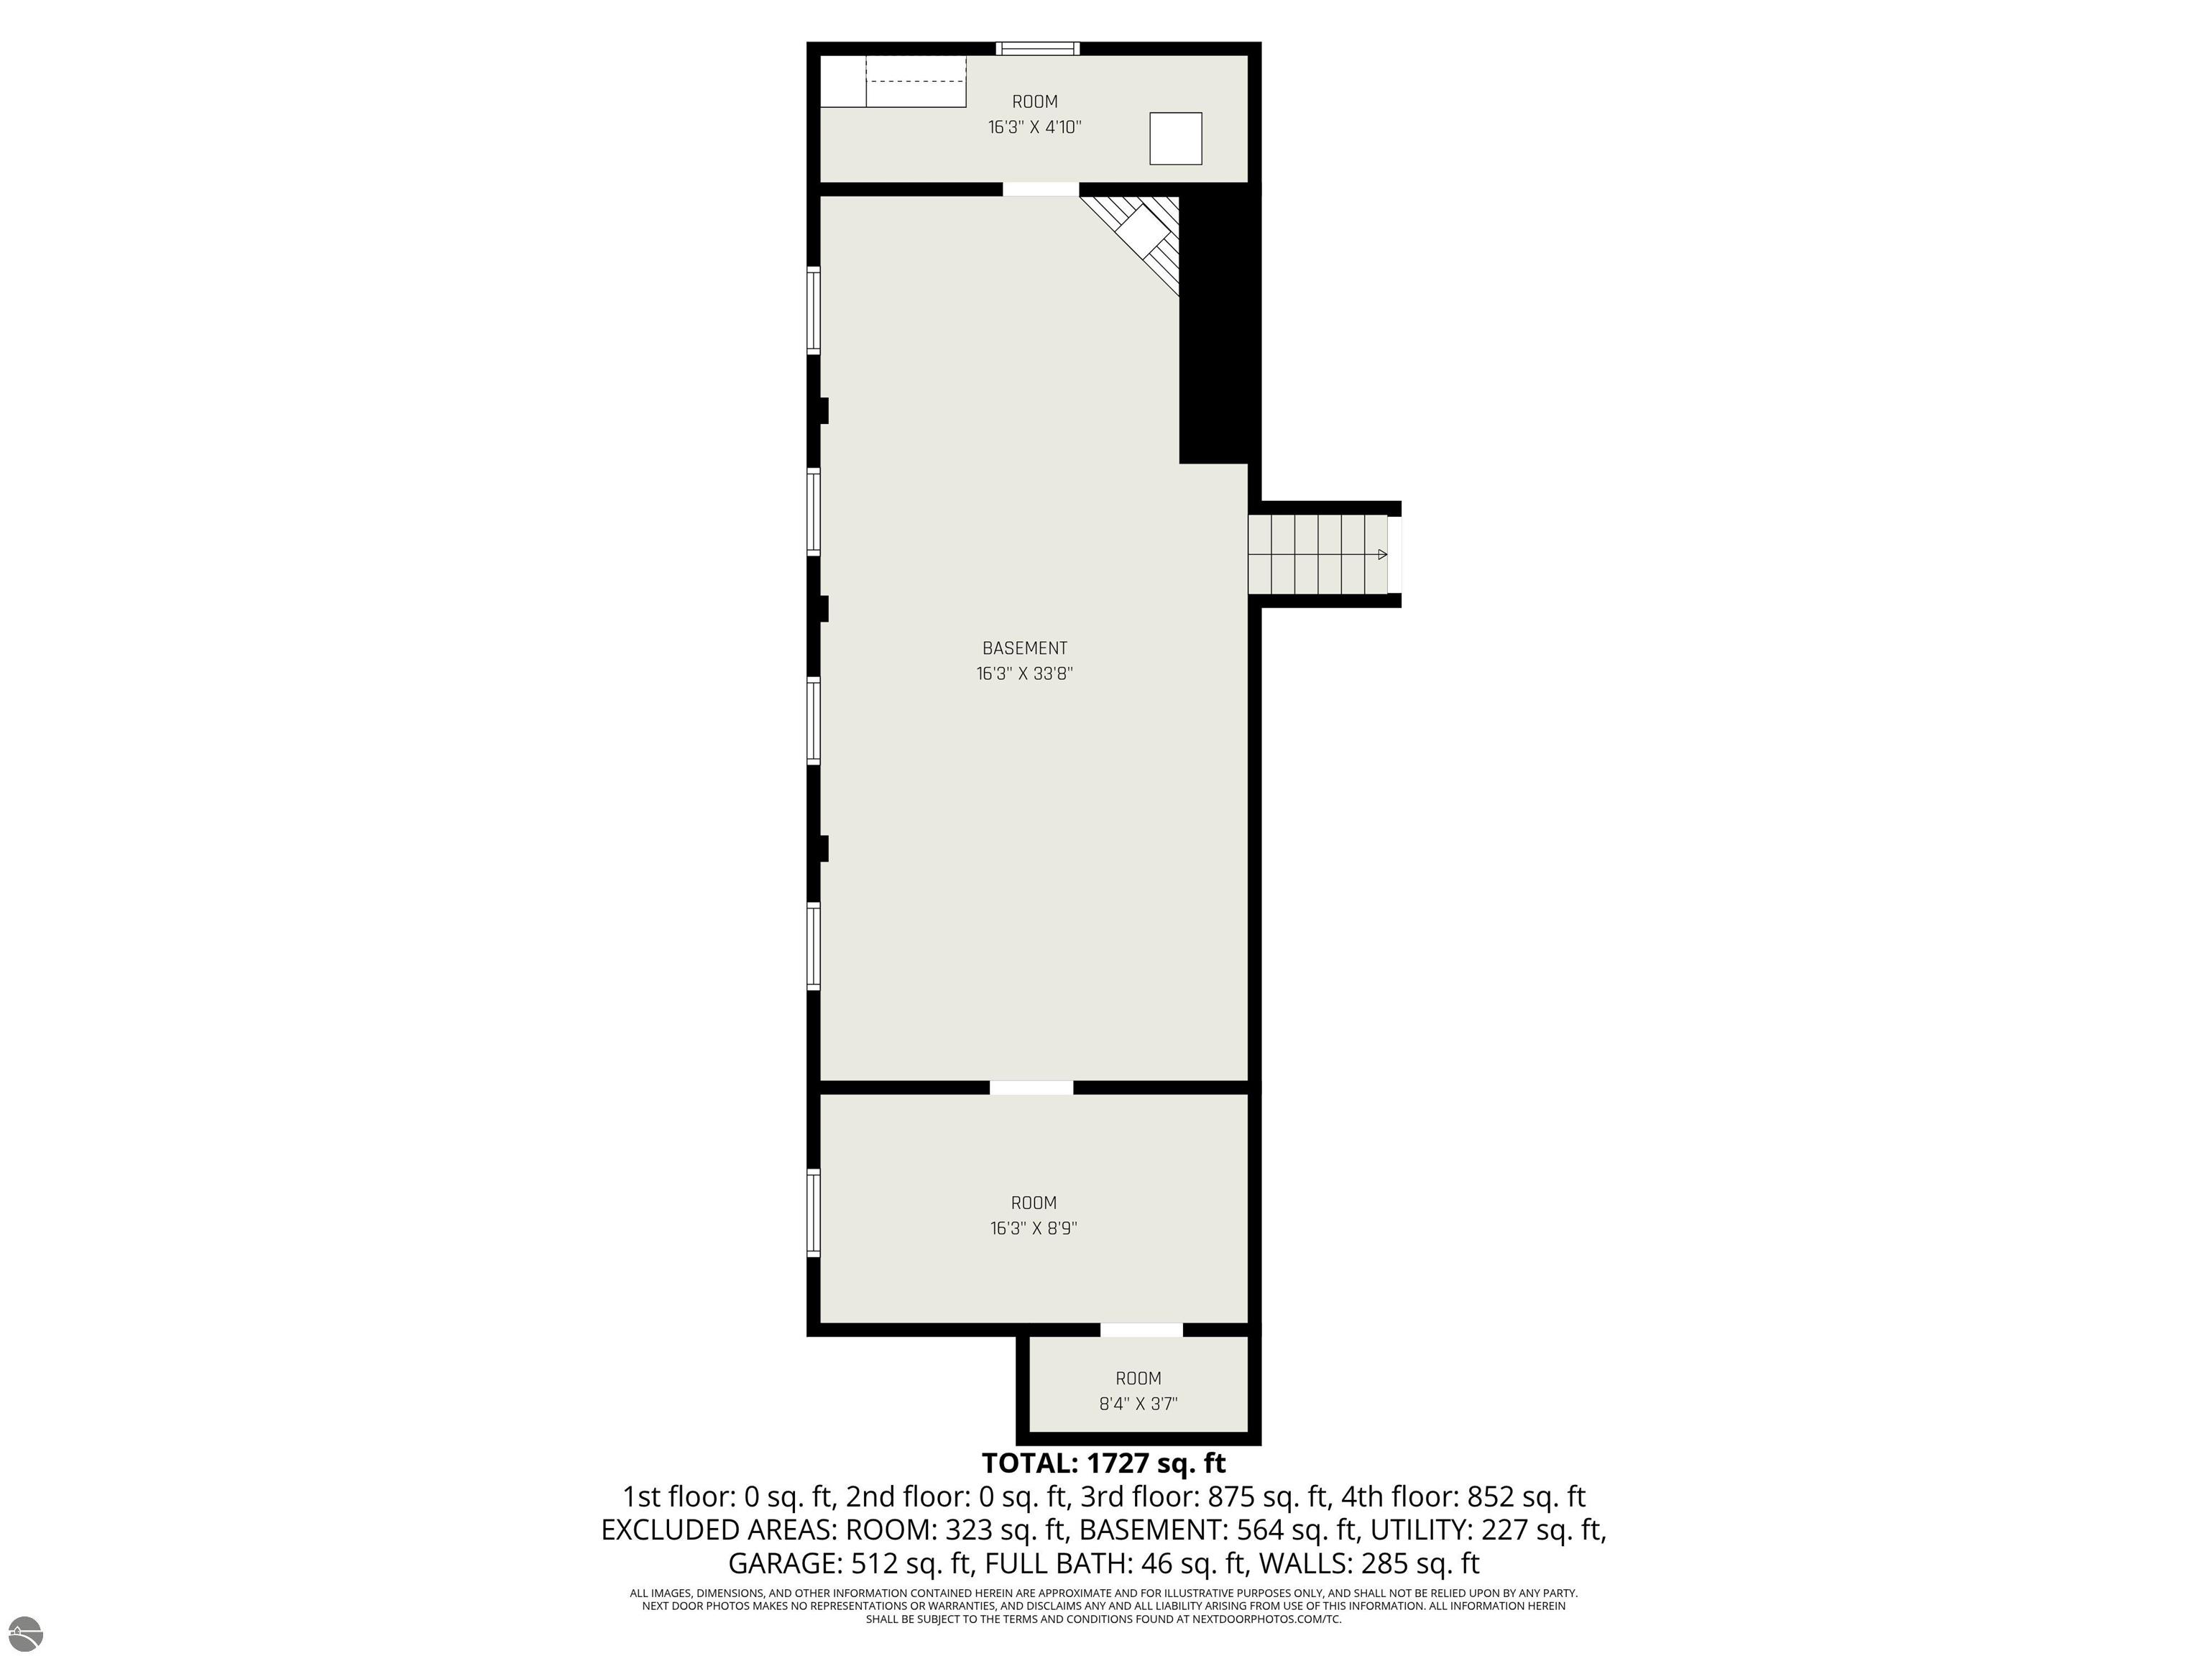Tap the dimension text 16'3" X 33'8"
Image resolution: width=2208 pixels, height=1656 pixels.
coord(1024,673)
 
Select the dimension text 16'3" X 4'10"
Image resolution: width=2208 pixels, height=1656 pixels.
coord(1035,126)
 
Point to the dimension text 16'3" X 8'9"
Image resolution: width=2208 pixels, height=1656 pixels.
coord(1033,1228)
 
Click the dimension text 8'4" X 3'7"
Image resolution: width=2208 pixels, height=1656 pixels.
coord(1138,1404)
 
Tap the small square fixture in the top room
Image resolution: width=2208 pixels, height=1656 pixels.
coord(1176,139)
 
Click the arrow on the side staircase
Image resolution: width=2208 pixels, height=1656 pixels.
coord(1382,554)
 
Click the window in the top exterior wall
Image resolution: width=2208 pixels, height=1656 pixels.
coord(1038,48)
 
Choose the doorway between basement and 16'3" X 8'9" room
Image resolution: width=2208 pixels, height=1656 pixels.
coord(1032,1087)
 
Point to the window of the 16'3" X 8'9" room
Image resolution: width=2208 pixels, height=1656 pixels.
coord(814,1213)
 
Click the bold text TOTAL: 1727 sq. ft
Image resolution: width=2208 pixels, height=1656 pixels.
coord(1103,1463)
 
